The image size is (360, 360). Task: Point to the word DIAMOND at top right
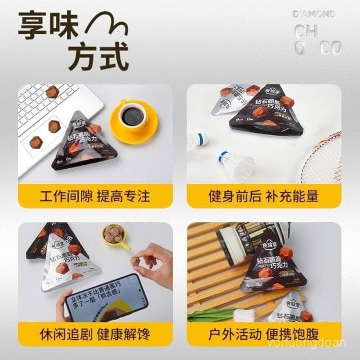[314, 13]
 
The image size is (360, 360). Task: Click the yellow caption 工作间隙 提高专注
[95, 196]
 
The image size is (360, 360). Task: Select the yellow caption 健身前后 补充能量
[264, 196]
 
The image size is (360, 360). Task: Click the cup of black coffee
[133, 116]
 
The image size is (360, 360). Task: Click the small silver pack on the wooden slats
[292, 307]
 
